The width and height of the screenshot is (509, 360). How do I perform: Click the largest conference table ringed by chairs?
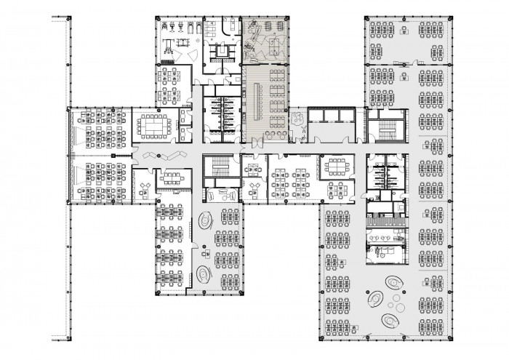[153, 125]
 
